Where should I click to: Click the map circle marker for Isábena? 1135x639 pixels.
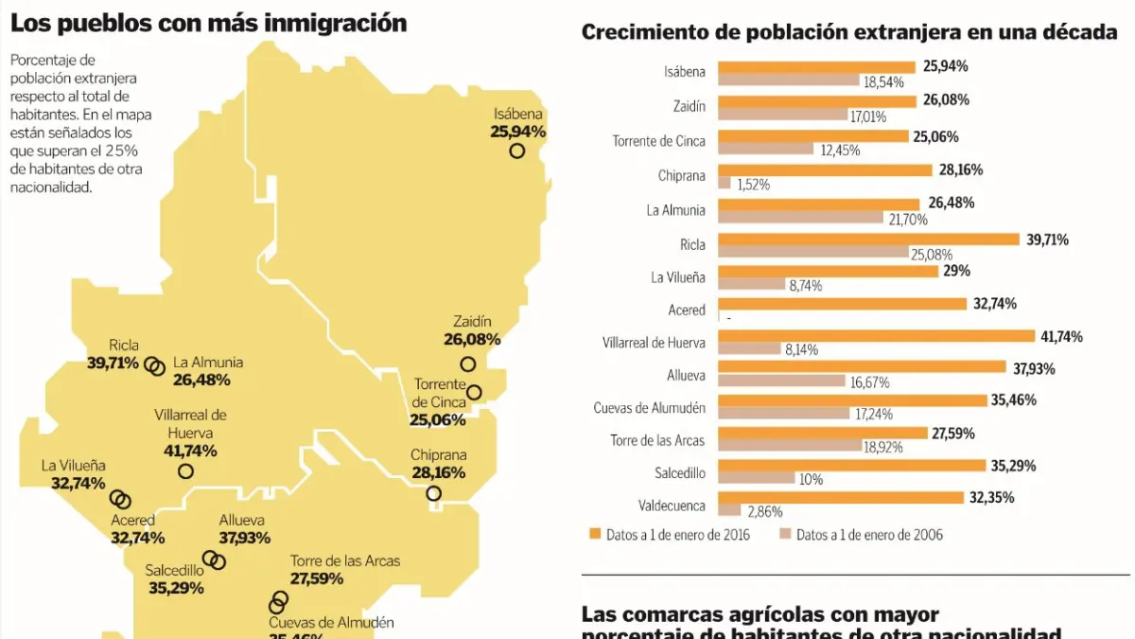(516, 151)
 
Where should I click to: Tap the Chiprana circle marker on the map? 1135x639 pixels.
(433, 493)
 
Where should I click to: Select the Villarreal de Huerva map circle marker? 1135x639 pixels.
(185, 470)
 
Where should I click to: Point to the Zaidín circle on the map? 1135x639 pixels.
(467, 364)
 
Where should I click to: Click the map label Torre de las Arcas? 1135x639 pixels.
(344, 561)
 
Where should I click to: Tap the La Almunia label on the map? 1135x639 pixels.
(208, 363)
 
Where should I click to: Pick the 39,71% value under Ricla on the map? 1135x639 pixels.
(113, 363)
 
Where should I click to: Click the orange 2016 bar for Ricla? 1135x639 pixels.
(868, 240)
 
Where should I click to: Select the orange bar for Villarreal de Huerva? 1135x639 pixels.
(876, 337)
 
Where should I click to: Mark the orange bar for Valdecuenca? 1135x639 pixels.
(840, 498)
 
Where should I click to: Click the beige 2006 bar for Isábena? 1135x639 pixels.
(788, 82)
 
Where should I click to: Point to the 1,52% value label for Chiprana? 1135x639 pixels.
(753, 185)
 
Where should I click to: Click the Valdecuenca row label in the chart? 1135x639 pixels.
(673, 506)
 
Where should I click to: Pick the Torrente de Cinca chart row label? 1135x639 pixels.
(658, 141)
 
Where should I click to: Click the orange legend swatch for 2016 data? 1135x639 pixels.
(595, 535)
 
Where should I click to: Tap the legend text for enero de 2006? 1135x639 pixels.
(869, 535)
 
